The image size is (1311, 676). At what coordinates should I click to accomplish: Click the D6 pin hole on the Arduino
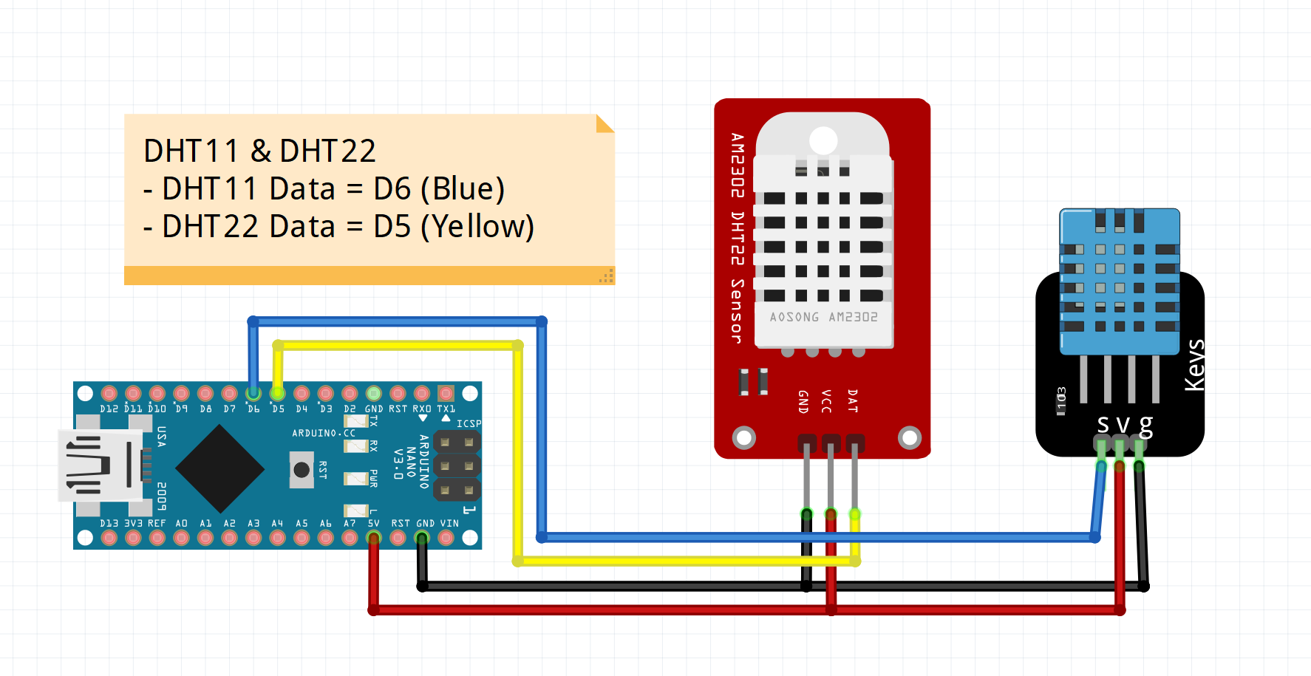click(253, 393)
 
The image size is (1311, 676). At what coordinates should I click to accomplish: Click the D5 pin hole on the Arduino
click(278, 393)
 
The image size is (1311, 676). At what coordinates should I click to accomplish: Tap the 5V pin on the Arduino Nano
click(374, 538)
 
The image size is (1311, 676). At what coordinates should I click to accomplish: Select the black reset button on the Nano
click(302, 470)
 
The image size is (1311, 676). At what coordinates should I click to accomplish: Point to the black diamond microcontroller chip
click(219, 468)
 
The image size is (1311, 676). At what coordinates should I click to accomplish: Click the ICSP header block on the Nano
click(457, 466)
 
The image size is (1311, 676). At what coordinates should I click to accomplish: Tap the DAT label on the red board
click(852, 400)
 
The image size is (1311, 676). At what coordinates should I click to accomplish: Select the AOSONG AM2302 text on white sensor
click(823, 317)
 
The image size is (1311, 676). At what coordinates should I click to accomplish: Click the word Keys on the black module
click(1194, 365)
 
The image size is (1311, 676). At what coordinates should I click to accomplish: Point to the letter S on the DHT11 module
click(1103, 425)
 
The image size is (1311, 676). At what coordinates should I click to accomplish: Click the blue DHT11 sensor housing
click(1119, 281)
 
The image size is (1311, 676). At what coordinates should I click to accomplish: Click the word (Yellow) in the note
click(477, 227)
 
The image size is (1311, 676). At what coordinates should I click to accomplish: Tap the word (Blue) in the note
click(463, 189)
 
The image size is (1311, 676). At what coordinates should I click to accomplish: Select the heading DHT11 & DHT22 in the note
click(259, 151)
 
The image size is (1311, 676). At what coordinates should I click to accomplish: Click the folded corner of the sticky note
click(605, 123)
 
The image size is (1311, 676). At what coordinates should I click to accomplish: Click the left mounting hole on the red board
click(743, 438)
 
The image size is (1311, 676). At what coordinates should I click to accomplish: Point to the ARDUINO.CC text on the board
click(323, 433)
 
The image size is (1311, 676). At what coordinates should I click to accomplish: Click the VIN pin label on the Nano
click(449, 523)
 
